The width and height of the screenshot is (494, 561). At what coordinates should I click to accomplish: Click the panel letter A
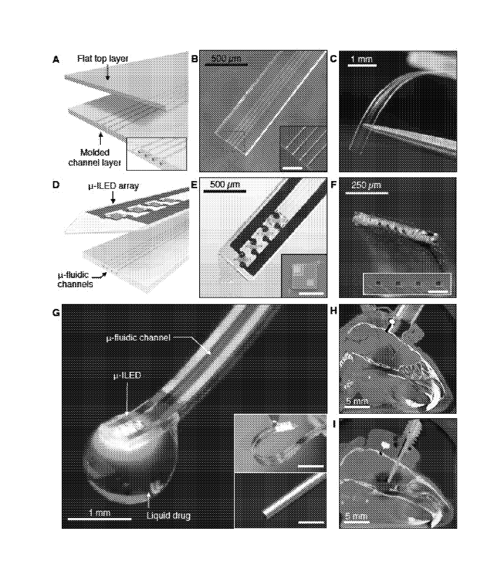(x=56, y=60)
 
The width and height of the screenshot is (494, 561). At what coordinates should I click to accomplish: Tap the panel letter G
(x=56, y=313)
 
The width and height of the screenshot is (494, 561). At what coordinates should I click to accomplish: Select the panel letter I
(x=334, y=424)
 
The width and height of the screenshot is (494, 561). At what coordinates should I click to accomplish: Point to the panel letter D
(x=56, y=185)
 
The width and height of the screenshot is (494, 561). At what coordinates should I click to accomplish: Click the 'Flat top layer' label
(x=103, y=59)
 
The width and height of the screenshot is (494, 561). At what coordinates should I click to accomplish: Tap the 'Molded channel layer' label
(x=94, y=157)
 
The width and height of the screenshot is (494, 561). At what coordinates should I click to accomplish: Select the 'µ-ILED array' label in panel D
(x=114, y=186)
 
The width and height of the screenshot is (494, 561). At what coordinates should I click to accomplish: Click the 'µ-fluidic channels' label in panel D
(x=75, y=279)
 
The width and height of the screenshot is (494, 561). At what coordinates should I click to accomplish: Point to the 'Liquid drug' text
(x=168, y=516)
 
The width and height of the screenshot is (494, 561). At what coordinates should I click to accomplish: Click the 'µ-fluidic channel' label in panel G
(x=138, y=338)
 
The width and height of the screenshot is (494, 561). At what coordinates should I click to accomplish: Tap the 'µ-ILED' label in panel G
(x=127, y=375)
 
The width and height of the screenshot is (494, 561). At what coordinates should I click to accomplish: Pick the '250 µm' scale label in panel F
(x=366, y=185)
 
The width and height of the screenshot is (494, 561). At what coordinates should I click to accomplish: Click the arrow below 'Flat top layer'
(x=108, y=73)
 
